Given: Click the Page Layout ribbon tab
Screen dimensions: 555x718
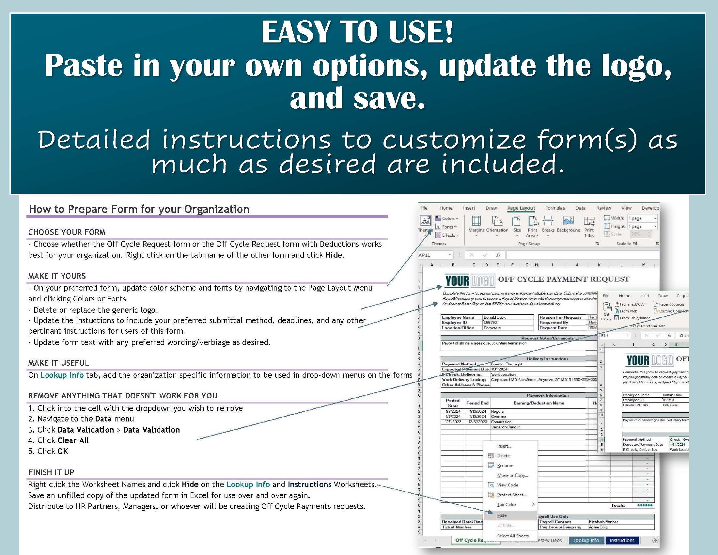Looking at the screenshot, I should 521,208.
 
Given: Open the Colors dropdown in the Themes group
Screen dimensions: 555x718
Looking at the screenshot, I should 447,218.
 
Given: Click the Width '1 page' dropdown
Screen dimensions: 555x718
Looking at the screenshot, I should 642,218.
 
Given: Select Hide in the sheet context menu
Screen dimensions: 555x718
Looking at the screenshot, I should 502,515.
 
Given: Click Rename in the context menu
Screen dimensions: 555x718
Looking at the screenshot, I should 505,466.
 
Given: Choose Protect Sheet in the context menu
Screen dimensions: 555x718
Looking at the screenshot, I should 511,495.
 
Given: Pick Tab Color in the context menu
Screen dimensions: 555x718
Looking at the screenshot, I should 507,504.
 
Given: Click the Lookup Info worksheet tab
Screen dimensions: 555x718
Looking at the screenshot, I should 586,540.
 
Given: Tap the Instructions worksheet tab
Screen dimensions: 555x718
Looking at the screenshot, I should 622,540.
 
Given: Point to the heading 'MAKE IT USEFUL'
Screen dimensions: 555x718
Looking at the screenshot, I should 58,363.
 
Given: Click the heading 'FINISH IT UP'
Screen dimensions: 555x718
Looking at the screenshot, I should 51,472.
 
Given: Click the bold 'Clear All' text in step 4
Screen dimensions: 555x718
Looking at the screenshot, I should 73,441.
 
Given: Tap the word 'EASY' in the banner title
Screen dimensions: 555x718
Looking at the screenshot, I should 295,32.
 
